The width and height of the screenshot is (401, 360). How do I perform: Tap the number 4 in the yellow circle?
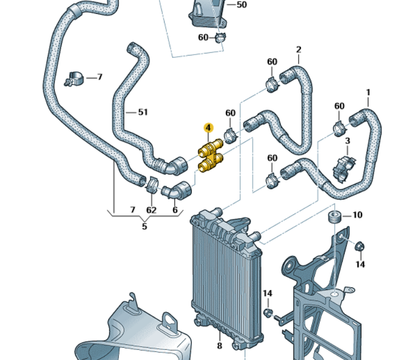point(207,129)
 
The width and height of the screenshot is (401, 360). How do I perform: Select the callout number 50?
point(241,5)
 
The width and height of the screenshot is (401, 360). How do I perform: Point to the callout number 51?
point(143,112)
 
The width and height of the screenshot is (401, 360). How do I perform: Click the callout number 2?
point(299,50)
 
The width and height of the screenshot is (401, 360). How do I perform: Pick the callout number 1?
point(368,92)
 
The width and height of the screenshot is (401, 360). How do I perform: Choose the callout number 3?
point(348,141)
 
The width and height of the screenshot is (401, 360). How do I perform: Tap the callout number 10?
point(358,215)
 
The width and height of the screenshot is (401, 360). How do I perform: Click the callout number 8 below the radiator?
point(219,346)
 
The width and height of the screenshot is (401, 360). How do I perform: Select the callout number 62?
point(151,210)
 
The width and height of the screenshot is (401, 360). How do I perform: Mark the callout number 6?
point(175,210)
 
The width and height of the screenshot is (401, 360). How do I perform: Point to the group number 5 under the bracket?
point(145,226)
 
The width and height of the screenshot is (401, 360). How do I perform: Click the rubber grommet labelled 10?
point(335,216)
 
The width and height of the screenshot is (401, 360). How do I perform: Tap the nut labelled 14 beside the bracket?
point(359,245)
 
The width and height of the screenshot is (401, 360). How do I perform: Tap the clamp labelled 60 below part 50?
point(221,38)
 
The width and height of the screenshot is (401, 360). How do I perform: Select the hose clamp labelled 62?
point(151,183)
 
